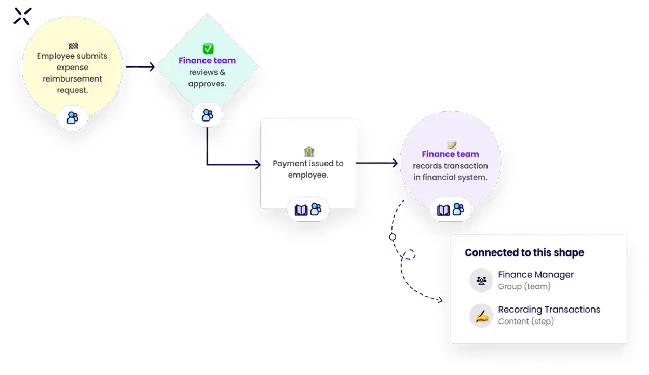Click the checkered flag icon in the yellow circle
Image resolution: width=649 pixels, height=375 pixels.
pyautogui.click(x=72, y=46)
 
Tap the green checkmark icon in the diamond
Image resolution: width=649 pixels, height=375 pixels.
pyautogui.click(x=208, y=49)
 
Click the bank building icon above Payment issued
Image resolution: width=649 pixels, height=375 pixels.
pyautogui.click(x=308, y=152)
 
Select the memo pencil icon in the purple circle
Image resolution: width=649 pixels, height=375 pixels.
pyautogui.click(x=451, y=144)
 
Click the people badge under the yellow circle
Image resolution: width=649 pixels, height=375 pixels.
pyautogui.click(x=73, y=118)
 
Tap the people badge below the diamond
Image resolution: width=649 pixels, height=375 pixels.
pyautogui.click(x=207, y=115)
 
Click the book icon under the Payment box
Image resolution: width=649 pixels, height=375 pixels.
pyautogui.click(x=301, y=209)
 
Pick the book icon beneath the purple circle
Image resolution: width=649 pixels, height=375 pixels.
pyautogui.click(x=443, y=209)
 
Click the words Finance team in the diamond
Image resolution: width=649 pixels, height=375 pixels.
pyautogui.click(x=207, y=61)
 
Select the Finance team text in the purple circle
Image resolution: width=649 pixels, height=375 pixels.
pyautogui.click(x=450, y=154)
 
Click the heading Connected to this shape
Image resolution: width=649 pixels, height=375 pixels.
pyautogui.click(x=524, y=253)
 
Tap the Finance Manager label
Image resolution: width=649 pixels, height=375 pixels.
pyautogui.click(x=536, y=275)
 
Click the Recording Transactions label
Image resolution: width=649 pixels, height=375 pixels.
pyautogui.click(x=549, y=310)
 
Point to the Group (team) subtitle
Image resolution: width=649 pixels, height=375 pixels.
pyautogui.click(x=524, y=286)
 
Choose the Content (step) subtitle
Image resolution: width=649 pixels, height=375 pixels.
pyautogui.click(x=526, y=321)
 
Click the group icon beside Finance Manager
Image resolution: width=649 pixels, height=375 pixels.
pyautogui.click(x=481, y=280)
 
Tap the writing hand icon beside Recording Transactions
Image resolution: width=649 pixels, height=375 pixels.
pyautogui.click(x=481, y=315)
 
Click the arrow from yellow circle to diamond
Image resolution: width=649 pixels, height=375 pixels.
pyautogui.click(x=140, y=67)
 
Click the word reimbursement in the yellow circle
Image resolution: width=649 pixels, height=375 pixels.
pyautogui.click(x=73, y=79)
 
